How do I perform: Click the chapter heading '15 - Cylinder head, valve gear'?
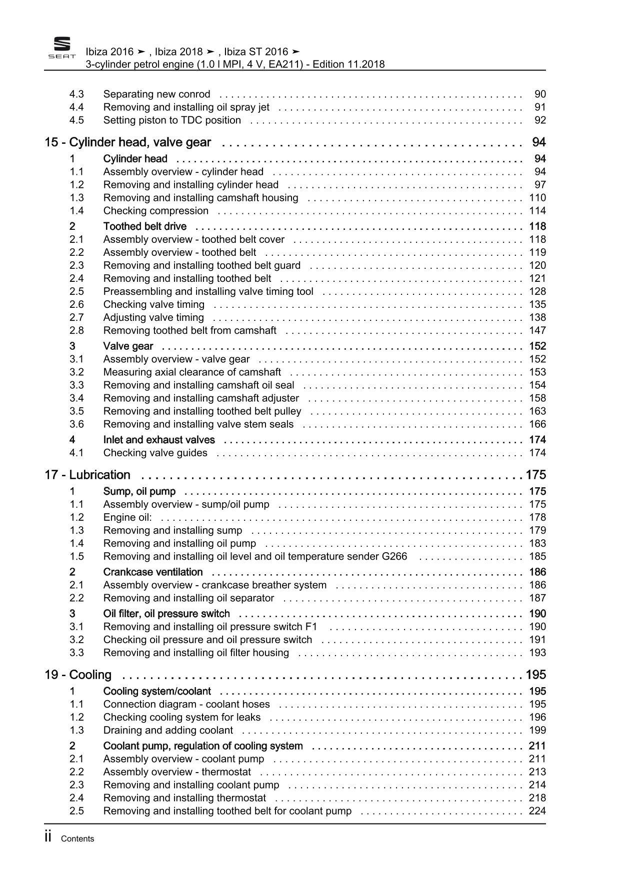[128, 142]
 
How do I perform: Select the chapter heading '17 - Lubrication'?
[87, 475]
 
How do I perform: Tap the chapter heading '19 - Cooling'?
[78, 675]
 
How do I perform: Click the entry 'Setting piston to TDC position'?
[172, 120]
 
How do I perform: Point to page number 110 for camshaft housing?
[537, 197]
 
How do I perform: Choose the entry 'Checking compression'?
[155, 210]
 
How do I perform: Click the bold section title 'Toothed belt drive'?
[144, 226]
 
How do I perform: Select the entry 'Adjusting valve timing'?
[153, 317]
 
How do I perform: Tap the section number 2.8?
[76, 330]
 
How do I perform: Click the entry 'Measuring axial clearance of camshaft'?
[192, 372]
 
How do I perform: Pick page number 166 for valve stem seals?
[537, 424]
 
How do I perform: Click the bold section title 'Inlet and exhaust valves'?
[159, 440]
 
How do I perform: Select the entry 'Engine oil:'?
[127, 517]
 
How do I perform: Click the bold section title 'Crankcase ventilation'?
[153, 572]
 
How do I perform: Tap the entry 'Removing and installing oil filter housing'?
[196, 653]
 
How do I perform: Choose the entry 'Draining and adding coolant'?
[168, 730]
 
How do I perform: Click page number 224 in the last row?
[537, 811]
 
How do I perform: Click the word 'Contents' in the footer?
[77, 839]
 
